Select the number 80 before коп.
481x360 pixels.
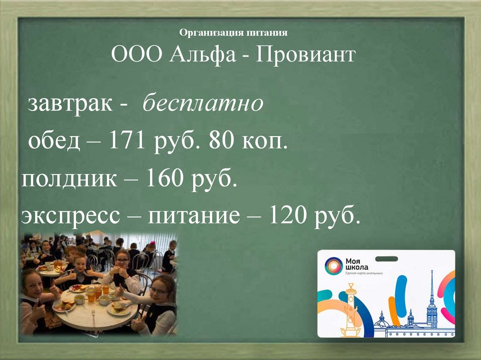click(x=221, y=141)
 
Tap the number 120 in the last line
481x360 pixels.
click(x=287, y=217)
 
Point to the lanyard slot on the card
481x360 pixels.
click(x=386, y=256)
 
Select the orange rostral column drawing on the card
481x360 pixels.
click(x=350, y=310)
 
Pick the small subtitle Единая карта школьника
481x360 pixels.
click(x=365, y=273)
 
